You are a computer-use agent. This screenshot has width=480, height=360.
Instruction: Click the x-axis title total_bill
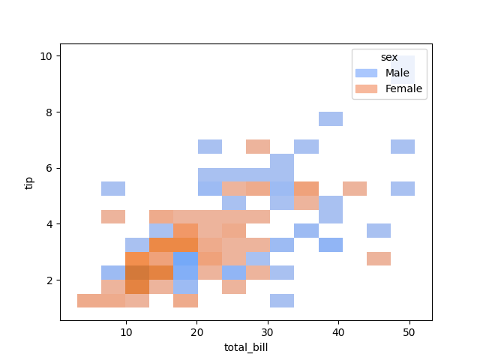(246, 346)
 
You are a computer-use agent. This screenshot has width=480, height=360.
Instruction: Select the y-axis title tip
(30, 181)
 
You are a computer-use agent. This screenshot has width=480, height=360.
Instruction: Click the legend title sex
(389, 58)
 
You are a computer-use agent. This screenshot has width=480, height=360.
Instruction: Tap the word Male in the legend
(397, 73)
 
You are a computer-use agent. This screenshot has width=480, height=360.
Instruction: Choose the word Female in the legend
(403, 88)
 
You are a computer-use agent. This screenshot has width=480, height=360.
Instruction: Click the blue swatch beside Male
(367, 73)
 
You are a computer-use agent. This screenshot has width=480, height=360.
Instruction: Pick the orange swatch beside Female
(367, 88)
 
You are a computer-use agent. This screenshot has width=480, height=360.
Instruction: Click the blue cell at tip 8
(331, 118)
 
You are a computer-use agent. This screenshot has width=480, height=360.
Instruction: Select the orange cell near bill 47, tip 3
(379, 258)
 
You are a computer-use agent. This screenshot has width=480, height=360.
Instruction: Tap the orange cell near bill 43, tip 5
(355, 188)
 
